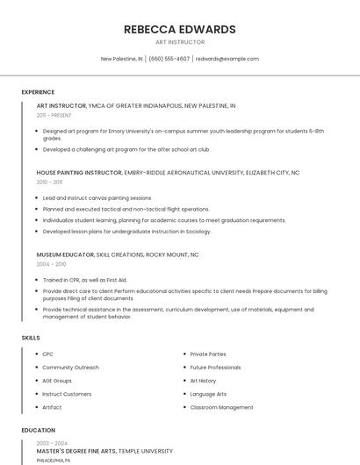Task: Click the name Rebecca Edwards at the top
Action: pos(180,29)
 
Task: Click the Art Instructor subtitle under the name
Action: pos(180,42)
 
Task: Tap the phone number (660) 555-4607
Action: pos(169,59)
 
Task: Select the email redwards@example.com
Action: pos(227,59)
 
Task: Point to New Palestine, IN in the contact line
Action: pos(121,59)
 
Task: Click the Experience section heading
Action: pos(38,92)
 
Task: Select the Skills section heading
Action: pos(31,337)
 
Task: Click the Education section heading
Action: pos(38,431)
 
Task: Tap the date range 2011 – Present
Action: pos(54,115)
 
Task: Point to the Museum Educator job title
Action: pos(65,254)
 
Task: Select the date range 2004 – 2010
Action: pos(51,263)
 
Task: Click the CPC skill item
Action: pos(47,354)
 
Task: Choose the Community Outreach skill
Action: pos(70,368)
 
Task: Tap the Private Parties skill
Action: pos(208,354)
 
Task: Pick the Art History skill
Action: pos(203,381)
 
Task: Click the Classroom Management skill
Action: pos(221,407)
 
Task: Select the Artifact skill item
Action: pos(53,407)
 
